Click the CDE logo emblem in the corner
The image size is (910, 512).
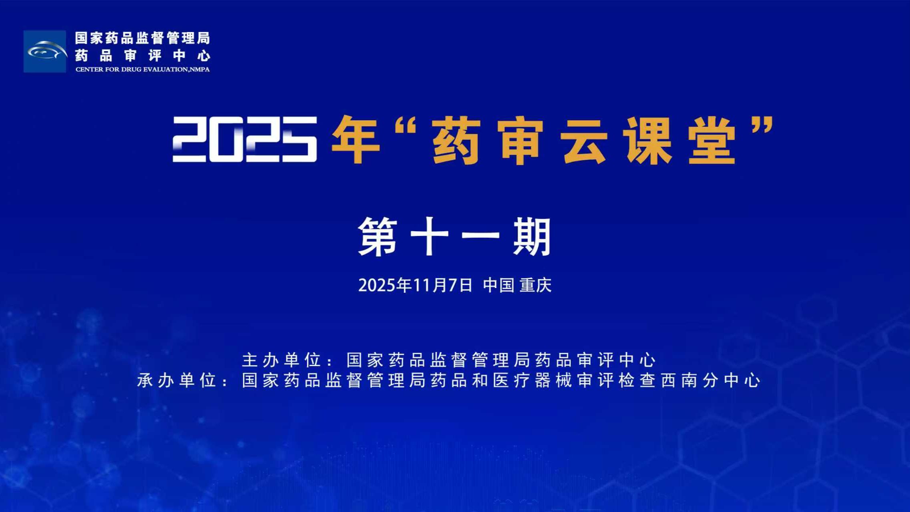(x=45, y=52)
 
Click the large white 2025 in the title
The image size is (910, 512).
(x=245, y=139)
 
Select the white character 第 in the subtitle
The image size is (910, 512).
(x=378, y=237)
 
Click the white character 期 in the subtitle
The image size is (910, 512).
(x=532, y=237)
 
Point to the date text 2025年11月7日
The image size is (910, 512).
(x=415, y=285)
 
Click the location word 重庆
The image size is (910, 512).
(x=536, y=285)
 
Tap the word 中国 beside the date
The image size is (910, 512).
(x=499, y=285)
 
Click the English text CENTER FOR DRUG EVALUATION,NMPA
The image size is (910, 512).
(x=142, y=70)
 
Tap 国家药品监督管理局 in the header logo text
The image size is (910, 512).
(x=142, y=38)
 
